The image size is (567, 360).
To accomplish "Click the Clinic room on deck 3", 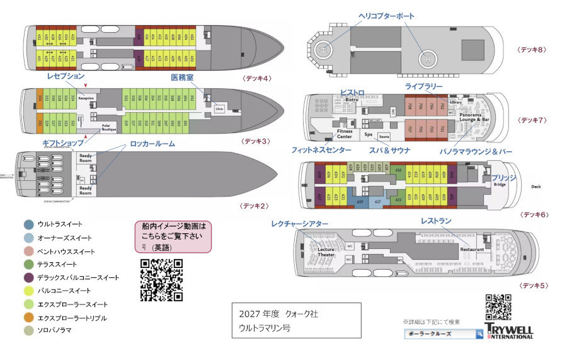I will click(x=219, y=108).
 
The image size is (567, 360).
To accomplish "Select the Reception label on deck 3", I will click(x=86, y=99).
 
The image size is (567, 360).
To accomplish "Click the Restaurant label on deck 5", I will click(x=471, y=250).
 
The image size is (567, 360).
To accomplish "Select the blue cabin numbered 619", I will click(x=360, y=202).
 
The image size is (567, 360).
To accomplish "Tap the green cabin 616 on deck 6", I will click(x=398, y=170).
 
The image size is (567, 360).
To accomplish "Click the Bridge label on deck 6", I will click(x=500, y=185).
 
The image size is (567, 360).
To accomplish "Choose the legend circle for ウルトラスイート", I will click(x=29, y=224).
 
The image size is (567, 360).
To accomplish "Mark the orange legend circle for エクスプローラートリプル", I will click(x=29, y=318).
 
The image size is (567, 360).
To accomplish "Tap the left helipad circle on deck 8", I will click(x=323, y=48).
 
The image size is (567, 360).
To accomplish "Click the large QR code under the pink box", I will click(x=161, y=279).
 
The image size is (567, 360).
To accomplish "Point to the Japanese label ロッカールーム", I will click(x=152, y=144).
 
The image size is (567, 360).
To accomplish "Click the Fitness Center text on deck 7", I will click(x=344, y=134).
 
